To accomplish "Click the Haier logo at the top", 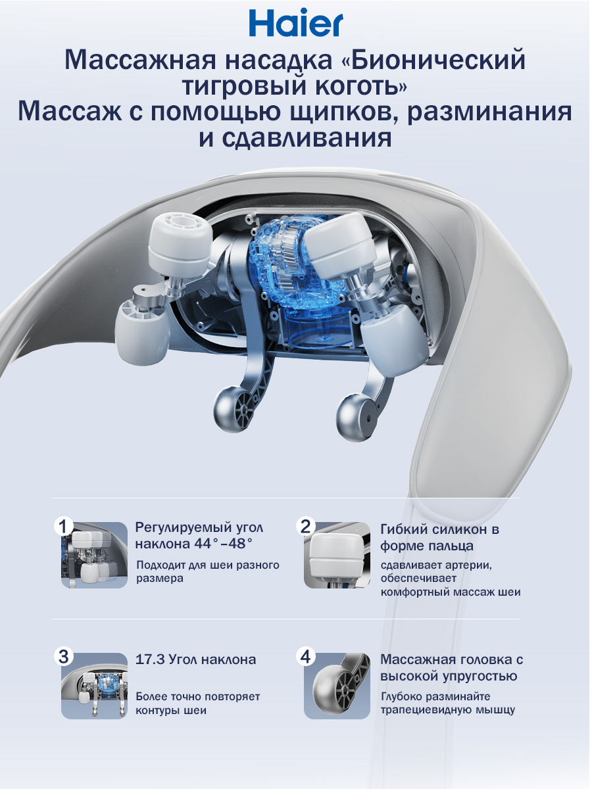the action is pyautogui.click(x=296, y=22).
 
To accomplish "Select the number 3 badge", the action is pyautogui.click(x=63, y=657).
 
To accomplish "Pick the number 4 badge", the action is pyautogui.click(x=305, y=657).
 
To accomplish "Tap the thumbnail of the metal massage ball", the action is pyautogui.click(x=337, y=686).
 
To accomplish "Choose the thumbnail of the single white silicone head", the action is pyautogui.click(x=337, y=556).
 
